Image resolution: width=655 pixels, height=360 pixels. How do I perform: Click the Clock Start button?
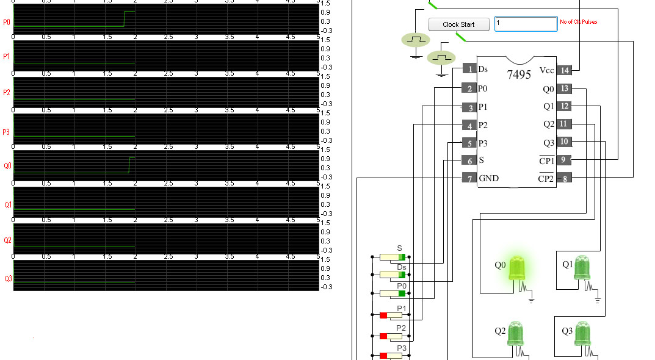(459, 24)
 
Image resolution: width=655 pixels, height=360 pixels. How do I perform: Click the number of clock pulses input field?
(526, 24)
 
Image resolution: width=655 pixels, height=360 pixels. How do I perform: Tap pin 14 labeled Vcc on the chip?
(565, 70)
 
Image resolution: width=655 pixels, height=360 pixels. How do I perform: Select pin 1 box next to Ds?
(468, 69)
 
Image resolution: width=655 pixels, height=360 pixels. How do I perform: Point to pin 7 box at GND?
(468, 179)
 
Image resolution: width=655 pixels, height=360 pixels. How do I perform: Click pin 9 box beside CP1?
(565, 160)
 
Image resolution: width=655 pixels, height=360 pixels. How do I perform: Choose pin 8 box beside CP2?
(565, 178)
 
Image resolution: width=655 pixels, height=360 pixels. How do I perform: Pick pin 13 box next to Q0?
(565, 89)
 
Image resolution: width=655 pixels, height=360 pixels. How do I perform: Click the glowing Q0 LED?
(517, 268)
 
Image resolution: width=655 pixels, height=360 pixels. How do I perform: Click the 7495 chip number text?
(519, 74)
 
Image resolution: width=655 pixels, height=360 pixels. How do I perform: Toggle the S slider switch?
(393, 257)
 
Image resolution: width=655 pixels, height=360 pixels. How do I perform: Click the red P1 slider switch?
(393, 315)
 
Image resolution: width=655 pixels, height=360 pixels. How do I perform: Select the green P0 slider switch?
(393, 293)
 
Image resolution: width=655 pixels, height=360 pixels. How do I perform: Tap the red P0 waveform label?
(7, 23)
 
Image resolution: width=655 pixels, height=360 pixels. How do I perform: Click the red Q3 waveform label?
(7, 279)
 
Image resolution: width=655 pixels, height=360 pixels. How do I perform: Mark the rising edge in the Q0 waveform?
(129, 165)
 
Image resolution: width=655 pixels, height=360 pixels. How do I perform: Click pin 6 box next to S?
(468, 160)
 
